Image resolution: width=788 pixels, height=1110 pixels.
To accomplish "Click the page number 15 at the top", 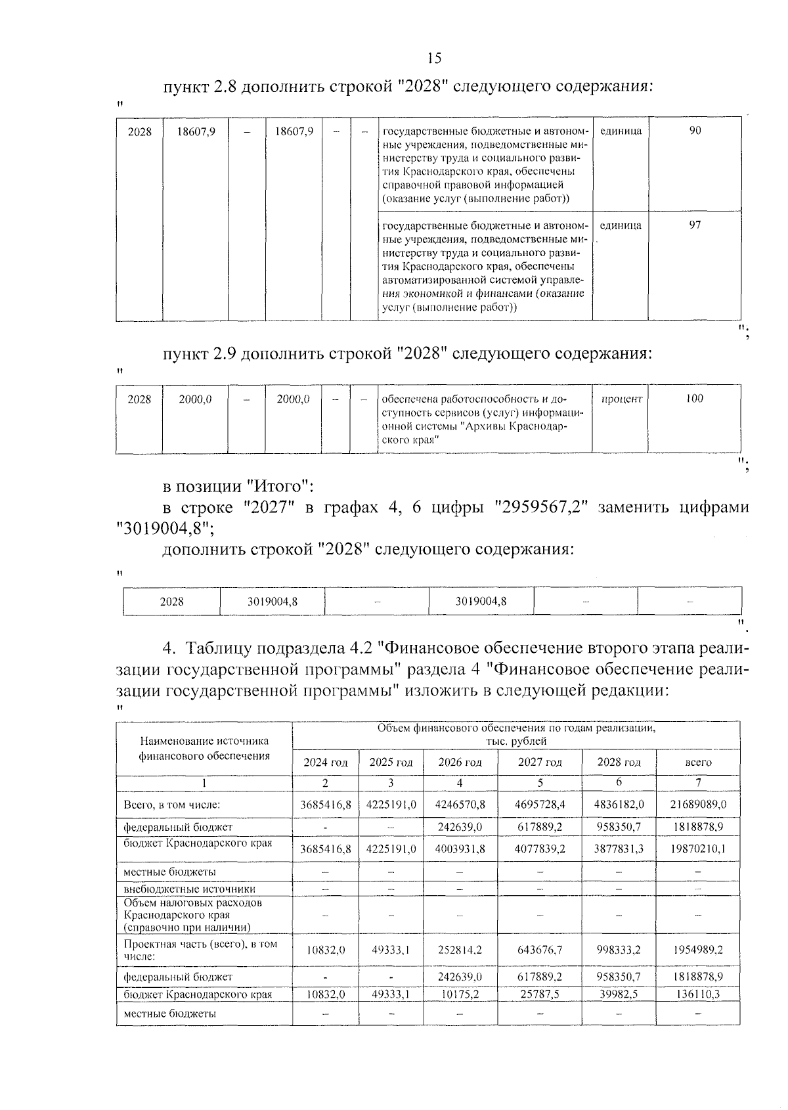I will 434,58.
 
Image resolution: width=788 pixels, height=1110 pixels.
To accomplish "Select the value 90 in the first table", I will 695,131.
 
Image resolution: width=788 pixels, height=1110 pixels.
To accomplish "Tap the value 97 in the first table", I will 695,225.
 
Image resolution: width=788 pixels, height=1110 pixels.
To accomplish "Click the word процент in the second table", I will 621,399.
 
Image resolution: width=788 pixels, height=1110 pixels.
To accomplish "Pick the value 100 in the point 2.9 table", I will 694,399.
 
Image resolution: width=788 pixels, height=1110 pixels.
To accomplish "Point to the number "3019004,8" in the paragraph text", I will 162,528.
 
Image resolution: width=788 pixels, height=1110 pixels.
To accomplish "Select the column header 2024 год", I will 325,763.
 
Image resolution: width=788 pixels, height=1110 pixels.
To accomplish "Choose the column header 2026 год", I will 460,763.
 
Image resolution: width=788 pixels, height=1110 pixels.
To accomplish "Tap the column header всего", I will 698,763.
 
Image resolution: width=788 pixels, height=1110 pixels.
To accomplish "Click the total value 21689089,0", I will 697,805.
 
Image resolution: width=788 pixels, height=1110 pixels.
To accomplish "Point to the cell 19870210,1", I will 697,849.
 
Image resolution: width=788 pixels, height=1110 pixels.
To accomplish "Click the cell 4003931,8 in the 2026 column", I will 460,849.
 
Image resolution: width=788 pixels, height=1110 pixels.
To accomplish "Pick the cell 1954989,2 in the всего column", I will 697,950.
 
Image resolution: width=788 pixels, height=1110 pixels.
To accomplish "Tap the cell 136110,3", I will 697,994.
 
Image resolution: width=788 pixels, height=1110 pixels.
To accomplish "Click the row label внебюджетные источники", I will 189,889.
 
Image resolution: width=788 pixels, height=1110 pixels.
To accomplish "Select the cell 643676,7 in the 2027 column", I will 540,950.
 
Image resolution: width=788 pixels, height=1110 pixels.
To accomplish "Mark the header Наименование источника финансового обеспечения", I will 204,749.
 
